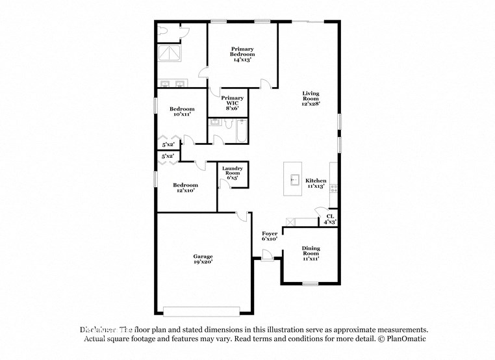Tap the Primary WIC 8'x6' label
tap(233, 103)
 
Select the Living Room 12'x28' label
tap(311, 98)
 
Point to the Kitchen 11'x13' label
tap(316, 183)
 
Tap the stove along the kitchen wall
tap(334, 188)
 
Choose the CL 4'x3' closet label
tap(330, 219)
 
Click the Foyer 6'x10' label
tap(270, 235)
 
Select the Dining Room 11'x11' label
tap(311, 253)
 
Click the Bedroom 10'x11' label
tap(182, 111)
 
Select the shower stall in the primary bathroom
tap(171, 52)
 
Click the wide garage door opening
tap(202, 309)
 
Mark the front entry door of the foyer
tap(267, 259)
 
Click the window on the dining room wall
tap(311, 283)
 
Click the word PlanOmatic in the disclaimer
tap(406, 339)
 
